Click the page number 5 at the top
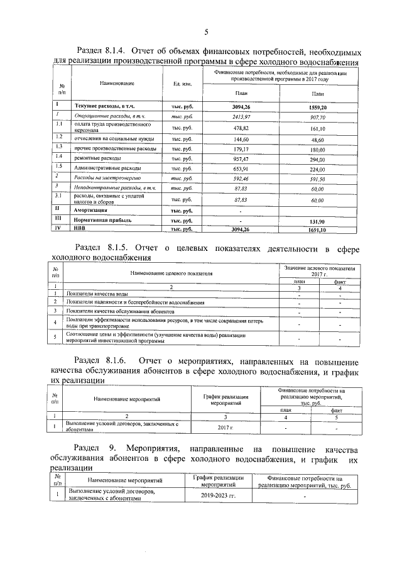(x=205, y=33)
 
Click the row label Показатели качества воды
(x=99, y=294)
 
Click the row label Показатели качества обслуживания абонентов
(x=121, y=311)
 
